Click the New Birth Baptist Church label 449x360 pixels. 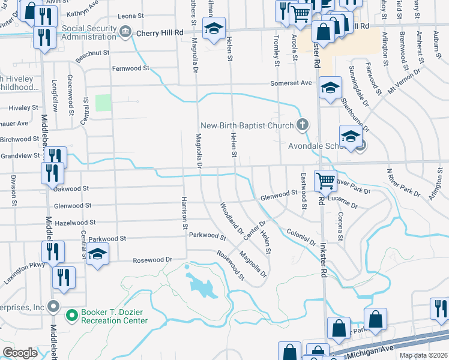pos(247,125)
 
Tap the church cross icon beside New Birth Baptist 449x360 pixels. pos(303,125)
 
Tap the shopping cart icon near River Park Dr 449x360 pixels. pos(325,179)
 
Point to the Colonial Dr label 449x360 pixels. pos(301,238)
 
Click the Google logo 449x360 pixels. pos(20,353)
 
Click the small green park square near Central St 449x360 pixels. pos(104,103)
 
